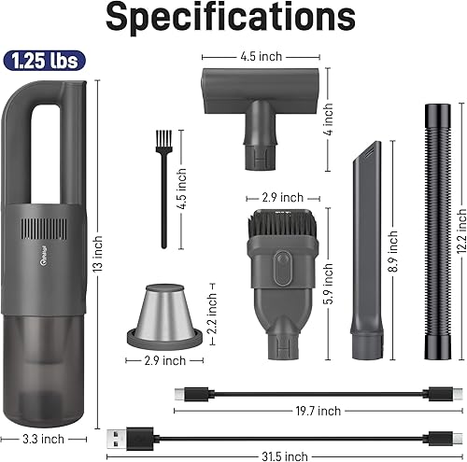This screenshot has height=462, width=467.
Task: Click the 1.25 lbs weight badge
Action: [44, 62]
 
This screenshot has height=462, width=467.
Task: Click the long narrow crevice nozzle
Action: [361, 252]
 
